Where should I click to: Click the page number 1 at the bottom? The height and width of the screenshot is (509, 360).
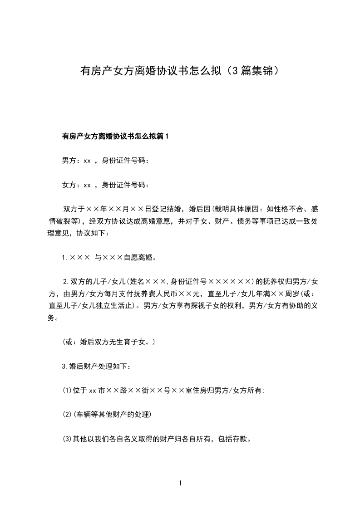pos(180,483)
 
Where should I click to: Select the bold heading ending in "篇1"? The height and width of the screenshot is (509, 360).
pos(115,136)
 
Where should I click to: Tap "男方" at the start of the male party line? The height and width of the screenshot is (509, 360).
pos(69,160)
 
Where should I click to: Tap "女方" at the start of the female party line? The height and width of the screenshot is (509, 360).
pos(69,185)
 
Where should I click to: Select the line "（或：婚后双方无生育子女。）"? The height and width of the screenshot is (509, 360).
pos(109,342)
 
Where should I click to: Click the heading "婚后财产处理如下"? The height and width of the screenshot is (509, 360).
pos(100,366)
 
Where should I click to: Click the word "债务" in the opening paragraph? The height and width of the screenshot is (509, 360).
pos(230,221)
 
